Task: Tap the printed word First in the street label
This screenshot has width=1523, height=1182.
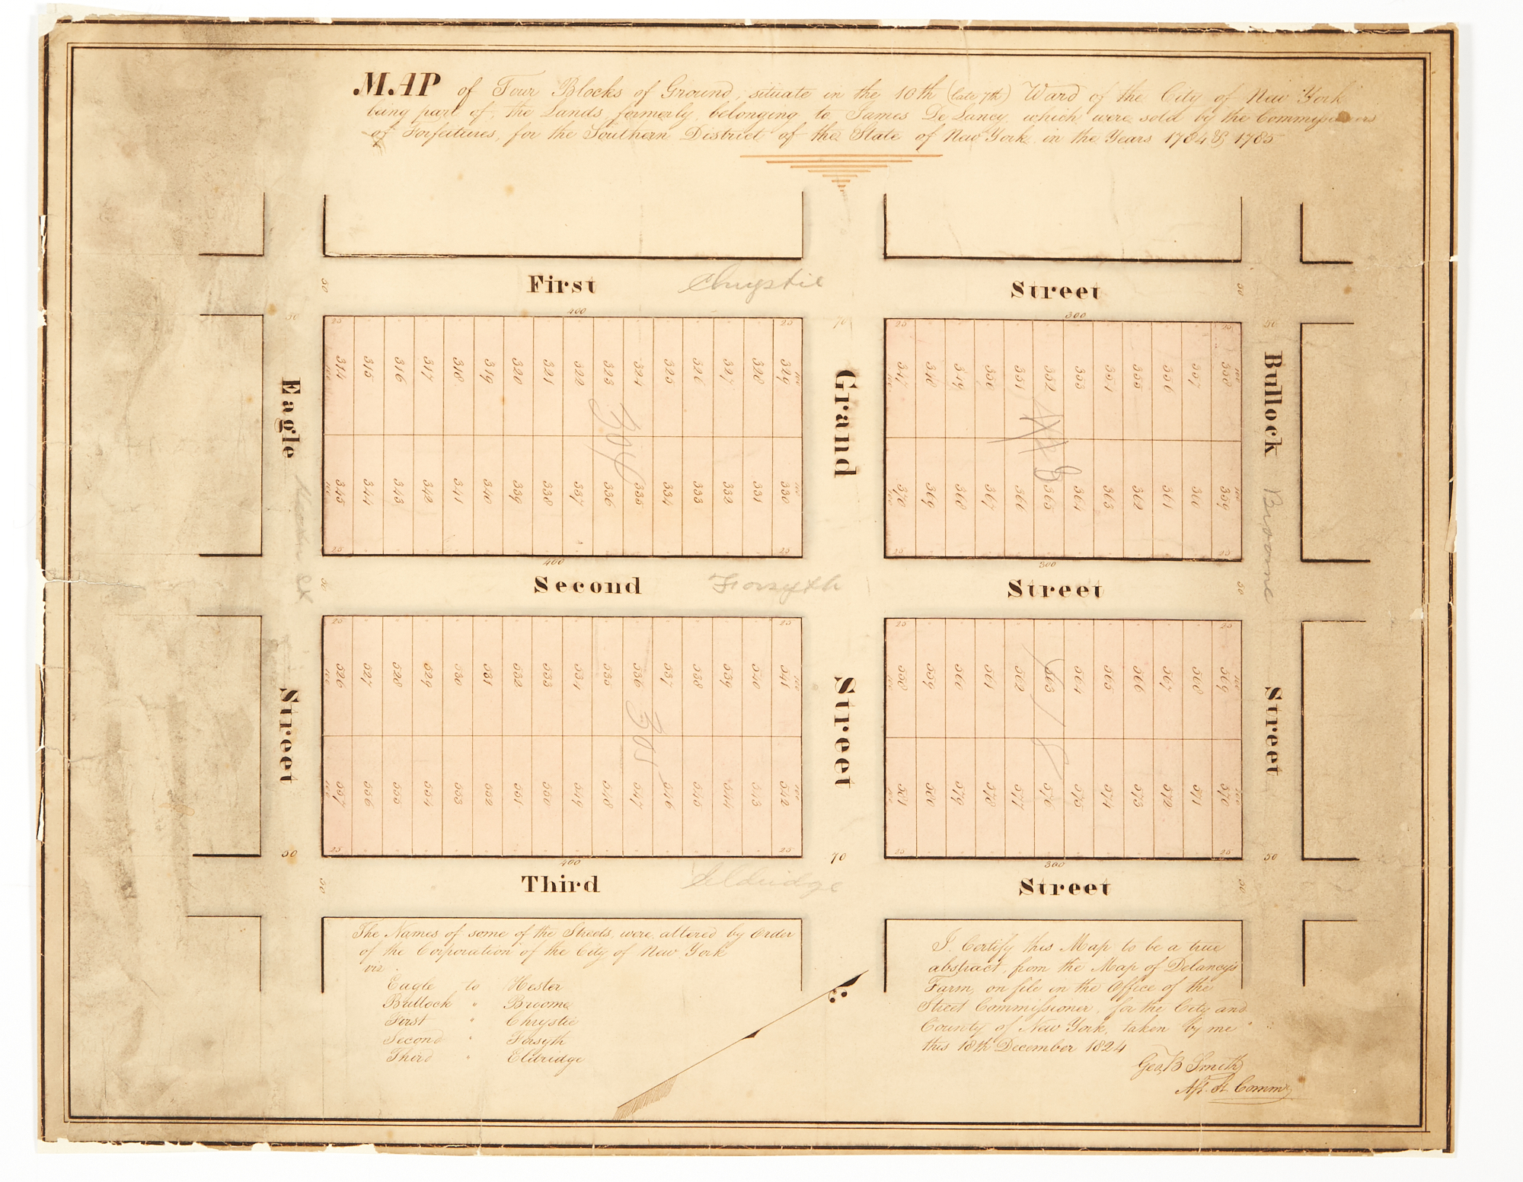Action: pos(562,285)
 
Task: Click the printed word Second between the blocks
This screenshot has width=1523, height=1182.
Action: pos(587,585)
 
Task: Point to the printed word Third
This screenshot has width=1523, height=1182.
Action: pos(560,884)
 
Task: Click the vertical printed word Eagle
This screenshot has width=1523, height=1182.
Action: pos(288,418)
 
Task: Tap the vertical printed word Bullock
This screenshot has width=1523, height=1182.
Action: pos(1271,403)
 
